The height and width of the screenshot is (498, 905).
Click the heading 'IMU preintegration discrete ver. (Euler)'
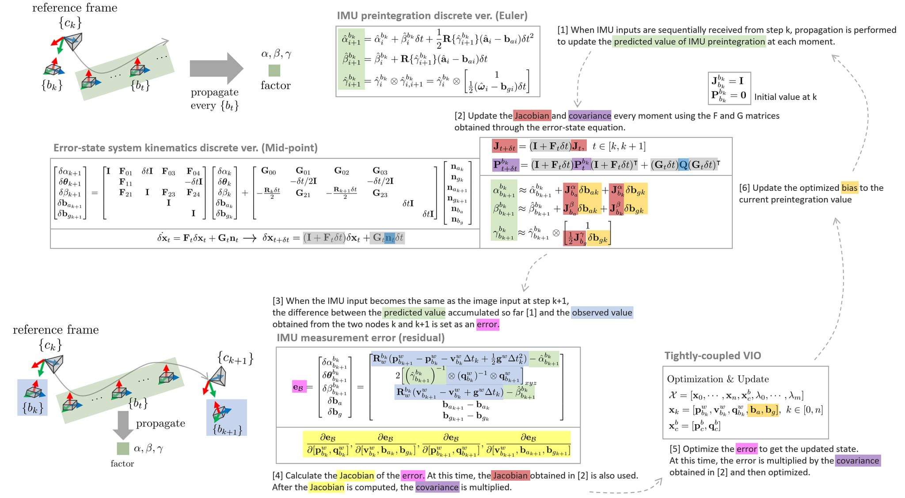click(x=432, y=16)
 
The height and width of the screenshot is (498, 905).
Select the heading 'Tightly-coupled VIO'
click(x=712, y=356)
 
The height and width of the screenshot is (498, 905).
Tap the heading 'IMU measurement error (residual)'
click(x=360, y=338)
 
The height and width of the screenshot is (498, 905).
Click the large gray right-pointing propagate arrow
click(x=216, y=68)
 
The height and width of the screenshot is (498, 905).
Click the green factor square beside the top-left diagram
click(x=274, y=70)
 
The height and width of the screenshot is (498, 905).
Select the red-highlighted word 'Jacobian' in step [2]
click(x=532, y=116)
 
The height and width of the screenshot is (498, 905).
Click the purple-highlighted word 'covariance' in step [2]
click(x=589, y=116)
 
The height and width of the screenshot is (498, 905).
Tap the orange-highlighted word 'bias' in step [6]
click(x=849, y=188)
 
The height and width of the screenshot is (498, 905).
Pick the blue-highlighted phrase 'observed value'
click(x=602, y=313)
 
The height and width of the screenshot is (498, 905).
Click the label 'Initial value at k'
click(x=785, y=97)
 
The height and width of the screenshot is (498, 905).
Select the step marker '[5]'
click(x=675, y=449)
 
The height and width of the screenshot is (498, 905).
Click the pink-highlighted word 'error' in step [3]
click(x=487, y=324)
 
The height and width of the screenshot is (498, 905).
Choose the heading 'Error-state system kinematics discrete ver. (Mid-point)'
click(x=185, y=148)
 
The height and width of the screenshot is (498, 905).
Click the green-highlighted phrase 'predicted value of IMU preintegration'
click(x=689, y=42)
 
